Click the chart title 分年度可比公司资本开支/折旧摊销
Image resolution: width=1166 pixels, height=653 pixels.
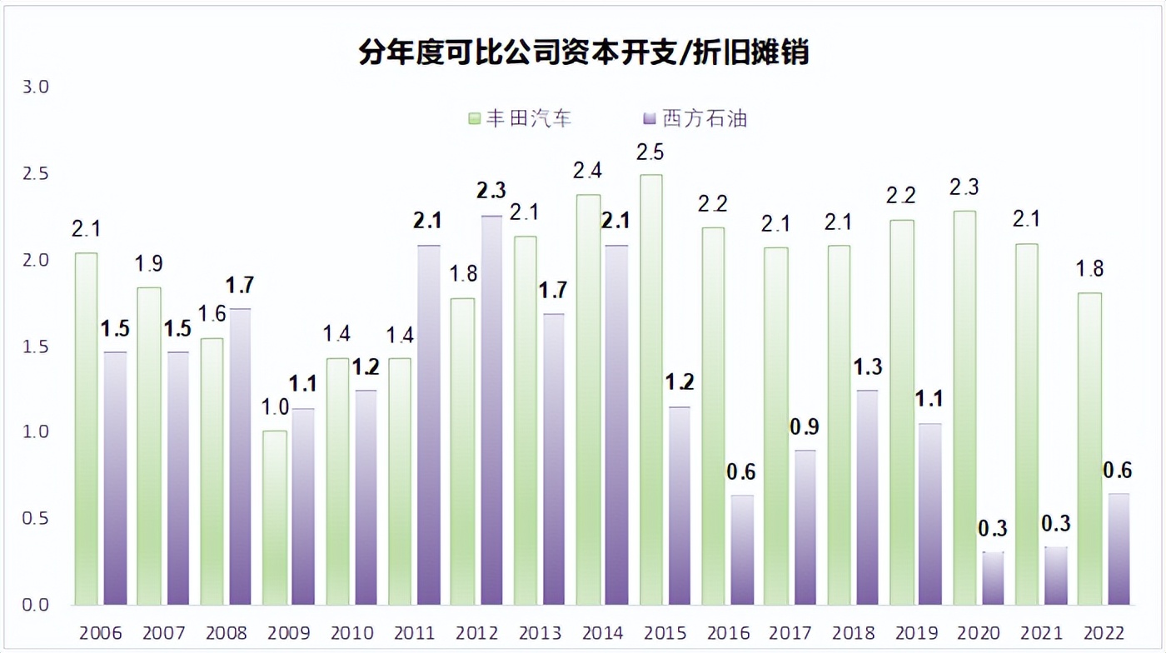coord(583,53)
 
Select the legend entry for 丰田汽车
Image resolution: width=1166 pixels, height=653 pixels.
coord(520,118)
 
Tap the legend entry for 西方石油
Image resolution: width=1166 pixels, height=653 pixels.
coord(695,118)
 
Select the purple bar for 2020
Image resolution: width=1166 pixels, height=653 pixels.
coord(994,578)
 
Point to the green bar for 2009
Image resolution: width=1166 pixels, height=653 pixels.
coord(275,517)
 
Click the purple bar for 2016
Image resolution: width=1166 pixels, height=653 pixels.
coord(742,550)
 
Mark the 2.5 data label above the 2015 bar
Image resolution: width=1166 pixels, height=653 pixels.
coord(650,152)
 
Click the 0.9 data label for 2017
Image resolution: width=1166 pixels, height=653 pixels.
coord(805,427)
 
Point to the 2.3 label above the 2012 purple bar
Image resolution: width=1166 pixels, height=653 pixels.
coord(491,191)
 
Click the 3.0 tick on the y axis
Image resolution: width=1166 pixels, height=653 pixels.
coord(36,87)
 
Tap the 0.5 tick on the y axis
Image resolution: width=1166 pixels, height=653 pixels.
coord(36,518)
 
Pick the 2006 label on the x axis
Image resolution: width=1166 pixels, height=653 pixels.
coord(101,633)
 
